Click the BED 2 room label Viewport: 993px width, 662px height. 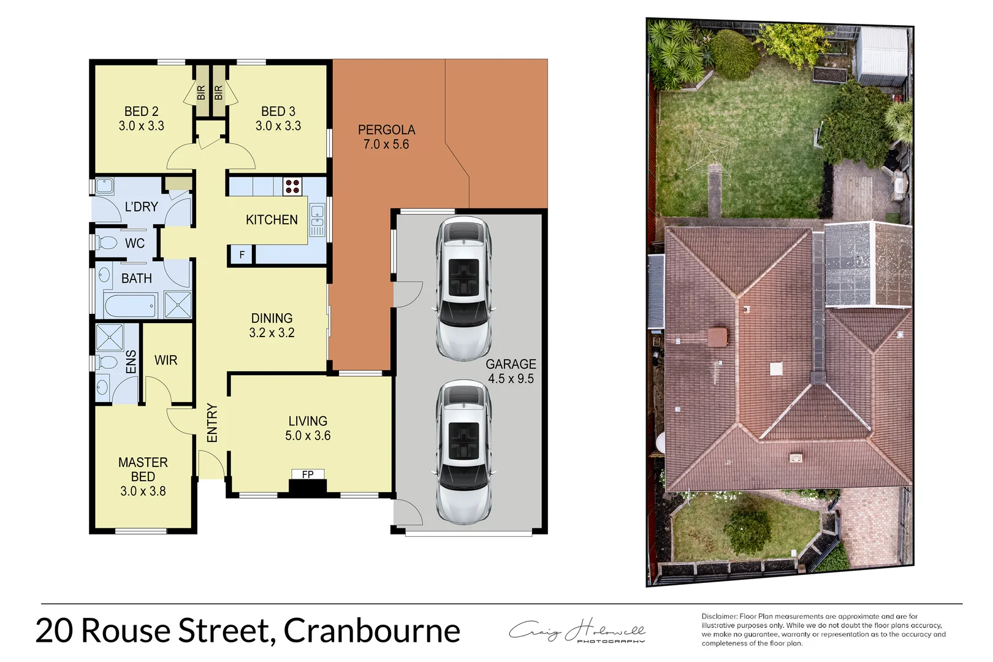coord(142,119)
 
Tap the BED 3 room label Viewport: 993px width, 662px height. coord(278,119)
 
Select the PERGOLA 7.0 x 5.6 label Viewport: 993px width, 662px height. coord(386,137)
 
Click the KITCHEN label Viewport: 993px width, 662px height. coord(272,220)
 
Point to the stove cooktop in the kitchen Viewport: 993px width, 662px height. coord(292,186)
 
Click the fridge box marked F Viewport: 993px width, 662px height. coord(242,255)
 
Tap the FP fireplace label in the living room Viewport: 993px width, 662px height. coord(308,474)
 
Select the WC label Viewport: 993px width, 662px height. coord(135,243)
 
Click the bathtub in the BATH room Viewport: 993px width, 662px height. coord(131,305)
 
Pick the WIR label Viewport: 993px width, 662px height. coord(165,360)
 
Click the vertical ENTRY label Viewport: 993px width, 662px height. coord(212,423)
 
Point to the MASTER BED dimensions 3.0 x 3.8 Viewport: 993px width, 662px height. coord(143,491)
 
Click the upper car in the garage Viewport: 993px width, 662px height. coord(463,288)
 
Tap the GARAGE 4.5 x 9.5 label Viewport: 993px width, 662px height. coord(511,371)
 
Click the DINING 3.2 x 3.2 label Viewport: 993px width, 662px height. coord(272,325)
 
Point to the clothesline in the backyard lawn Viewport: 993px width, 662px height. coord(711,148)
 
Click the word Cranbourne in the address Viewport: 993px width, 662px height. coord(372,631)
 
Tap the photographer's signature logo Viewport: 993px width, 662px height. coord(577,631)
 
